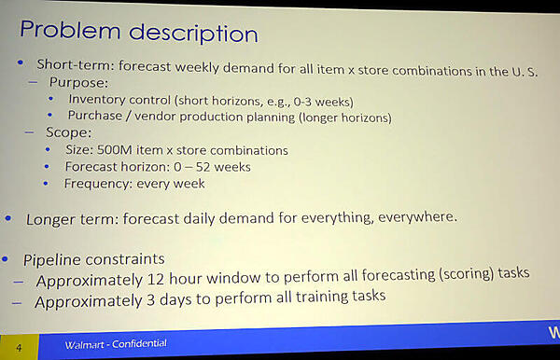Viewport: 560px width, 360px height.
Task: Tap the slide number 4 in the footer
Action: [20, 348]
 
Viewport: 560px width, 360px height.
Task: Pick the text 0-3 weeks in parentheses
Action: [325, 100]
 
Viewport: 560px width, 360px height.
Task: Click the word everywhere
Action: [415, 217]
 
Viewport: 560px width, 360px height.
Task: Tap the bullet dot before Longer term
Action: [8, 218]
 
